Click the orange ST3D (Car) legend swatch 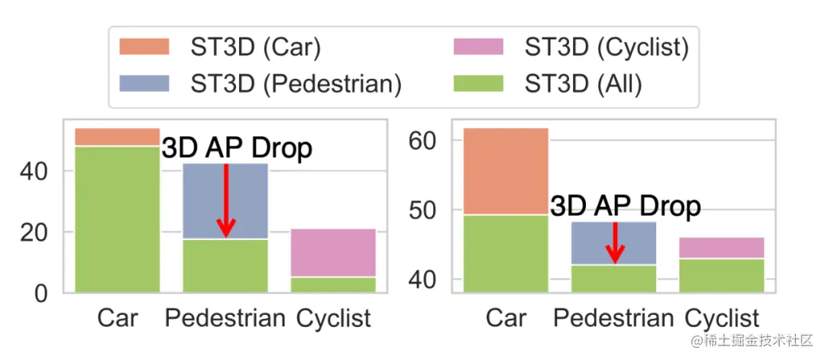[x=144, y=48]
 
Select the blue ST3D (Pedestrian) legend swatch [x=144, y=83]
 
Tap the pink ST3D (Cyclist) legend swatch [x=477, y=48]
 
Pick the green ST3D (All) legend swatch [x=477, y=83]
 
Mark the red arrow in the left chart [x=226, y=201]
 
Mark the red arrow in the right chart [x=615, y=242]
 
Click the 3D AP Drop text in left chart [x=237, y=148]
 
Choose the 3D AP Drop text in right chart [x=625, y=206]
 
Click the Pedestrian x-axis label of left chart [x=225, y=318]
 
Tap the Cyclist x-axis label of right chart [x=722, y=318]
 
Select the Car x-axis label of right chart [x=506, y=318]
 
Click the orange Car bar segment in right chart [x=506, y=172]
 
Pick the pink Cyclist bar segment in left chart [x=333, y=252]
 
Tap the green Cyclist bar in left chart [x=333, y=284]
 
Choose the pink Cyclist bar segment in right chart [x=722, y=248]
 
